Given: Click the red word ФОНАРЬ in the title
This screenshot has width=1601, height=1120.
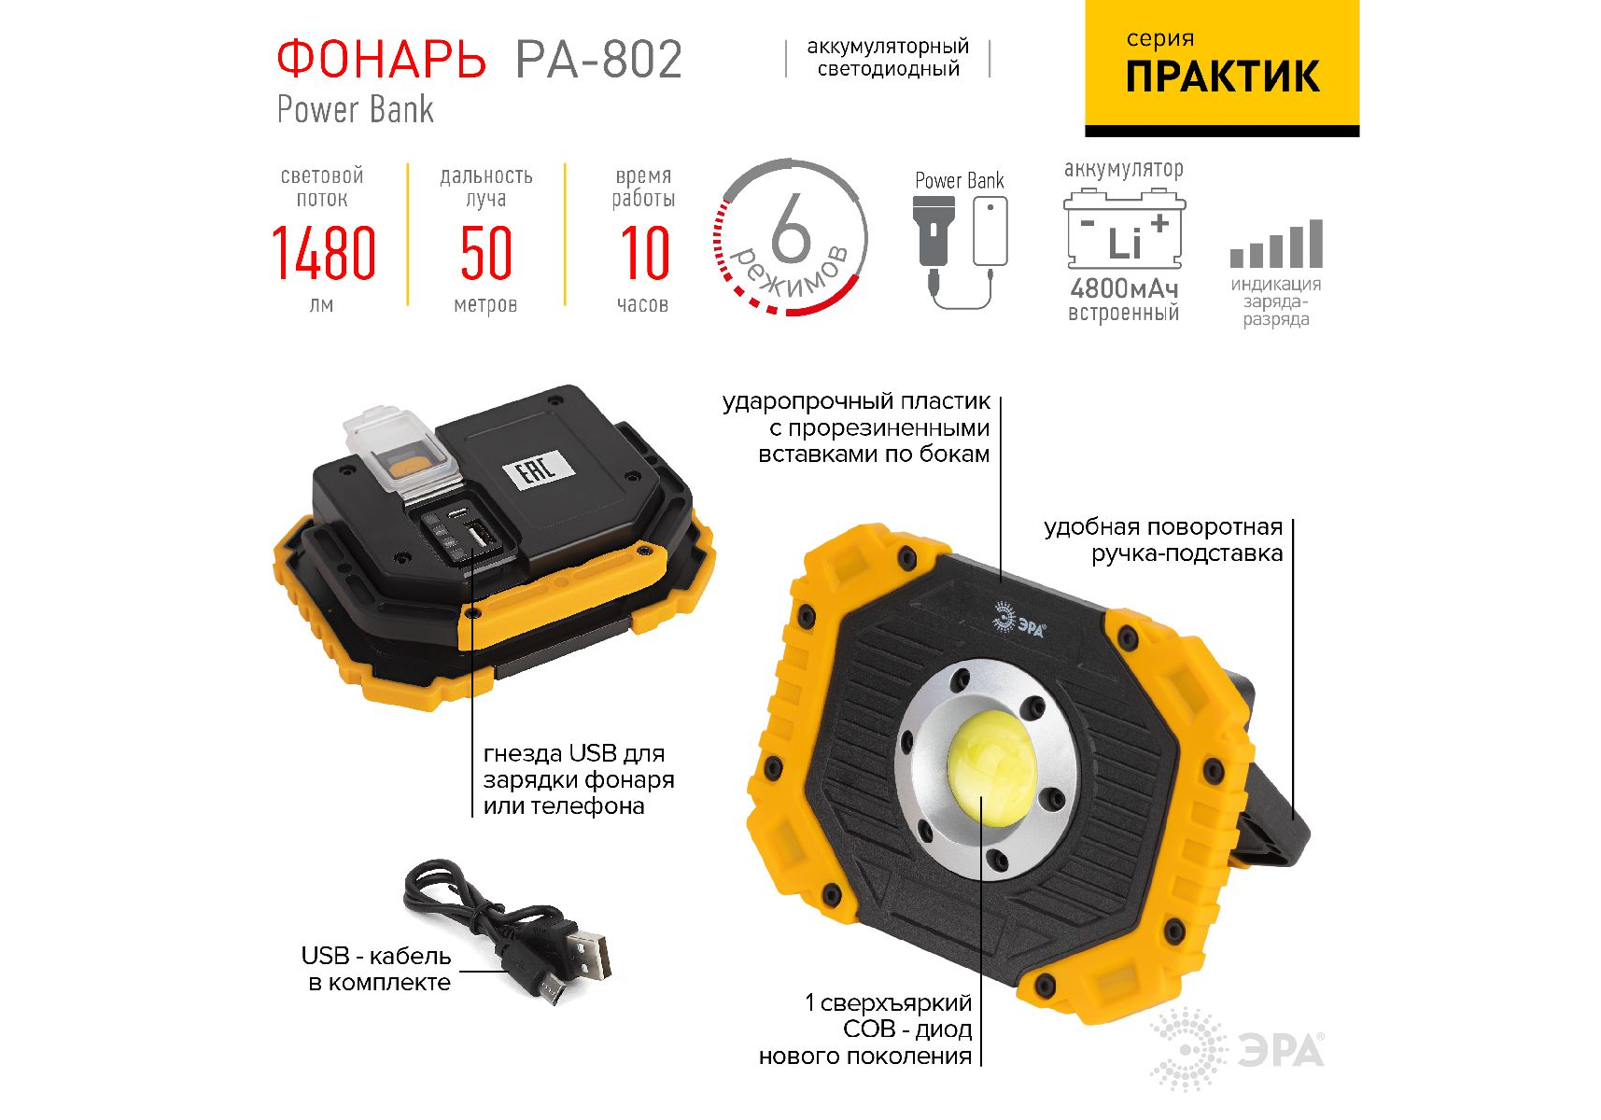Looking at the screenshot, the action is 381,60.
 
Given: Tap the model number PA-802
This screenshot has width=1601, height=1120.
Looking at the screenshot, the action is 598,60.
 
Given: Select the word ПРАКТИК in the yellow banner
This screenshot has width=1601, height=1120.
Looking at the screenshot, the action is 1222,77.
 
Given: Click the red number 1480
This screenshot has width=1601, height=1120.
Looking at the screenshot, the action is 323,253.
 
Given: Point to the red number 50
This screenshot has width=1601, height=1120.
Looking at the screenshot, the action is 486,253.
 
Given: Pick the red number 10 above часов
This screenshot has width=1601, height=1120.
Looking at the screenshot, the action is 645,253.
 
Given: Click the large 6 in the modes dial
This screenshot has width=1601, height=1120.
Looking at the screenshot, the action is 791,228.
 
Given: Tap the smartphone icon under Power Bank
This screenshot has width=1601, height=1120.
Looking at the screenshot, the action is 990,231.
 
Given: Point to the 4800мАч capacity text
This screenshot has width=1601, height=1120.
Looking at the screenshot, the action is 1124,288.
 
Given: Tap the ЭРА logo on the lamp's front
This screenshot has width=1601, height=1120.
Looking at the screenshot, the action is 1018,621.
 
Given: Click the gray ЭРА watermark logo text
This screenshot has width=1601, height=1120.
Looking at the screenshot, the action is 1281,1051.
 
